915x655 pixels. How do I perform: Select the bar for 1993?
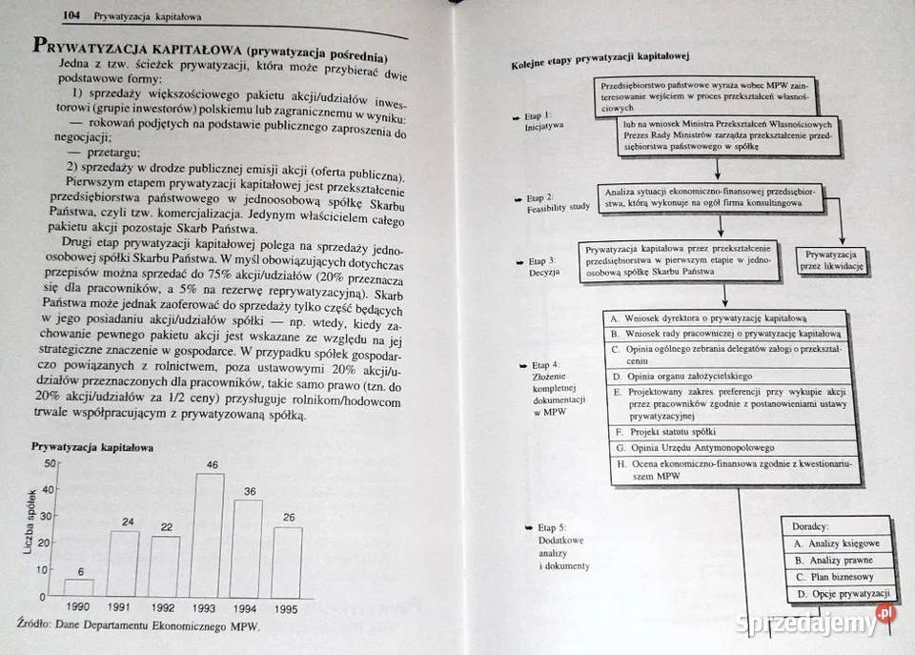click(x=209, y=535)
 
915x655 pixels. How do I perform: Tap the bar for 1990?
click(x=79, y=587)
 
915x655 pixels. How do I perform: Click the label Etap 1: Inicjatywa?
click(x=544, y=120)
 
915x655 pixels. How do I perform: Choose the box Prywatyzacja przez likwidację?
click(x=833, y=261)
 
